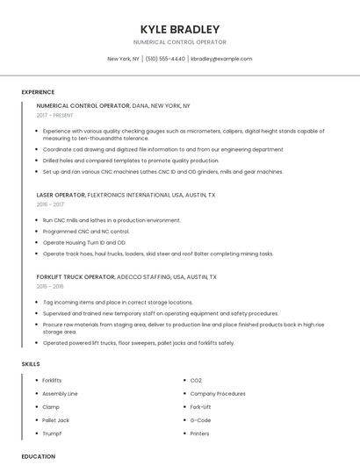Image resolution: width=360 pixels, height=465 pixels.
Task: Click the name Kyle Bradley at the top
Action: click(x=179, y=29)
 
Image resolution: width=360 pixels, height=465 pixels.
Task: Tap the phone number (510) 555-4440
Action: click(x=165, y=59)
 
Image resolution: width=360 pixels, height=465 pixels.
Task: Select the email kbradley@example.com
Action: click(x=221, y=59)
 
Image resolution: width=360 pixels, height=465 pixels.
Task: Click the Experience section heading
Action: click(x=38, y=92)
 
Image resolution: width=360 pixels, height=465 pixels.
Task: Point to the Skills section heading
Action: click(x=31, y=363)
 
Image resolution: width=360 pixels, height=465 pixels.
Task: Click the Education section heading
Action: click(x=39, y=456)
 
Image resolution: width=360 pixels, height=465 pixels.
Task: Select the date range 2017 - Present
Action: click(x=56, y=115)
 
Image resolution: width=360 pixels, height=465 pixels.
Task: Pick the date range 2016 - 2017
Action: click(x=50, y=204)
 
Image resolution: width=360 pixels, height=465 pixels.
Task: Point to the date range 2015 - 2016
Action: click(x=50, y=286)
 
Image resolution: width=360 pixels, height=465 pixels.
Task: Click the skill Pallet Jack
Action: click(x=56, y=420)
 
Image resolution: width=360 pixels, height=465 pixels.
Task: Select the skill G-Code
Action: click(x=201, y=420)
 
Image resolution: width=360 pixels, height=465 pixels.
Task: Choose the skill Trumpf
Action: click(x=52, y=433)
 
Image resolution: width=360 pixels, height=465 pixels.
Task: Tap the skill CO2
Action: click(x=197, y=380)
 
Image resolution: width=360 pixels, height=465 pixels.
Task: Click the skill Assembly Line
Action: click(x=61, y=394)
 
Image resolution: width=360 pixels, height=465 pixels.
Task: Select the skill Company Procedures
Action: click(x=218, y=394)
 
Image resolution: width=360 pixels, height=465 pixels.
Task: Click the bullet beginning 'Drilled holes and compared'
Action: click(x=131, y=161)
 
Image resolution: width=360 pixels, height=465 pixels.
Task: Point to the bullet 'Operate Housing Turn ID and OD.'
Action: click(x=84, y=242)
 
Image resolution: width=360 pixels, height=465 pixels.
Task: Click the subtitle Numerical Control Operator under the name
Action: click(x=179, y=42)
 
